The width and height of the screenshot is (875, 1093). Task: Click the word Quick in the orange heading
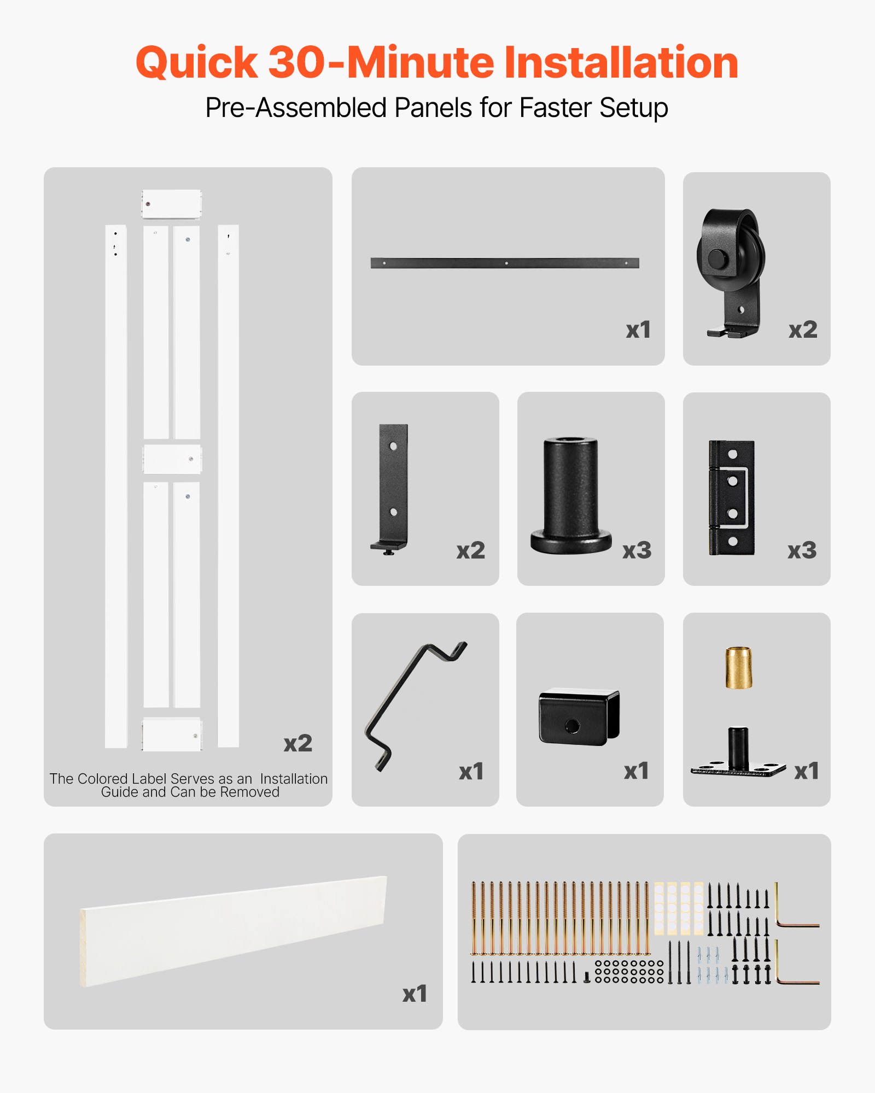[196, 63]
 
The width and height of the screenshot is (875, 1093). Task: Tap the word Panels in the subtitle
[433, 108]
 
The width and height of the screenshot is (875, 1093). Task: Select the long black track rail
[505, 263]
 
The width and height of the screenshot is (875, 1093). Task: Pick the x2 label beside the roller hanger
[802, 330]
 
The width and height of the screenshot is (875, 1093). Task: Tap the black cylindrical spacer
[570, 495]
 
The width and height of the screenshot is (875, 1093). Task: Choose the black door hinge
[732, 497]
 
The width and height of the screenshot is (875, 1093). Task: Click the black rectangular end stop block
[579, 716]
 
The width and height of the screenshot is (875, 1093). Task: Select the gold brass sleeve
[738, 668]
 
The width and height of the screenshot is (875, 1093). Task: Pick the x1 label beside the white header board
[415, 994]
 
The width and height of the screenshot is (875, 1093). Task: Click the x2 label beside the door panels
[297, 743]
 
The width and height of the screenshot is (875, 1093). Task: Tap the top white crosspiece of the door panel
[172, 204]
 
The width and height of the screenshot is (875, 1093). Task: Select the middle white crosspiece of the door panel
[172, 459]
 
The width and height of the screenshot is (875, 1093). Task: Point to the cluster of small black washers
[629, 971]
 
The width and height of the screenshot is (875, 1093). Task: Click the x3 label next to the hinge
[802, 550]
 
